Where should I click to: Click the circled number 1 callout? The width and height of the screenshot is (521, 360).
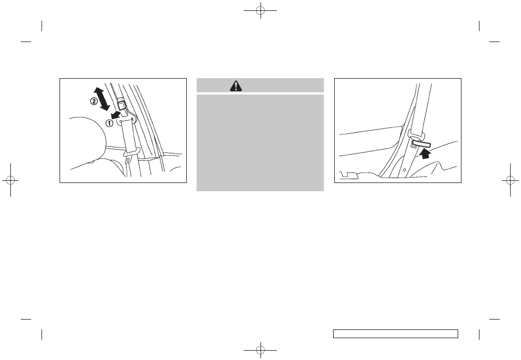[109, 123]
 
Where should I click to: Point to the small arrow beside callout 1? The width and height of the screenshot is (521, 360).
[115, 115]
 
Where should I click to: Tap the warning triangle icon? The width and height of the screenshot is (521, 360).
[236, 85]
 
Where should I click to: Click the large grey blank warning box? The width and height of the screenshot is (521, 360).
[260, 142]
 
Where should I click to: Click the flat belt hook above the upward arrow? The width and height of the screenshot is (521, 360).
[422, 145]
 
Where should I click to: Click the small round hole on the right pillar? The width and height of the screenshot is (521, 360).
[404, 170]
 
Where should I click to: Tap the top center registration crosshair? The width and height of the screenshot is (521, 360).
[260, 11]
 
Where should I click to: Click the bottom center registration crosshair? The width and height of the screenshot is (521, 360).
[260, 349]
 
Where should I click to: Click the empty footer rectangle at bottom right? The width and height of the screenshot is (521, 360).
[395, 334]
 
